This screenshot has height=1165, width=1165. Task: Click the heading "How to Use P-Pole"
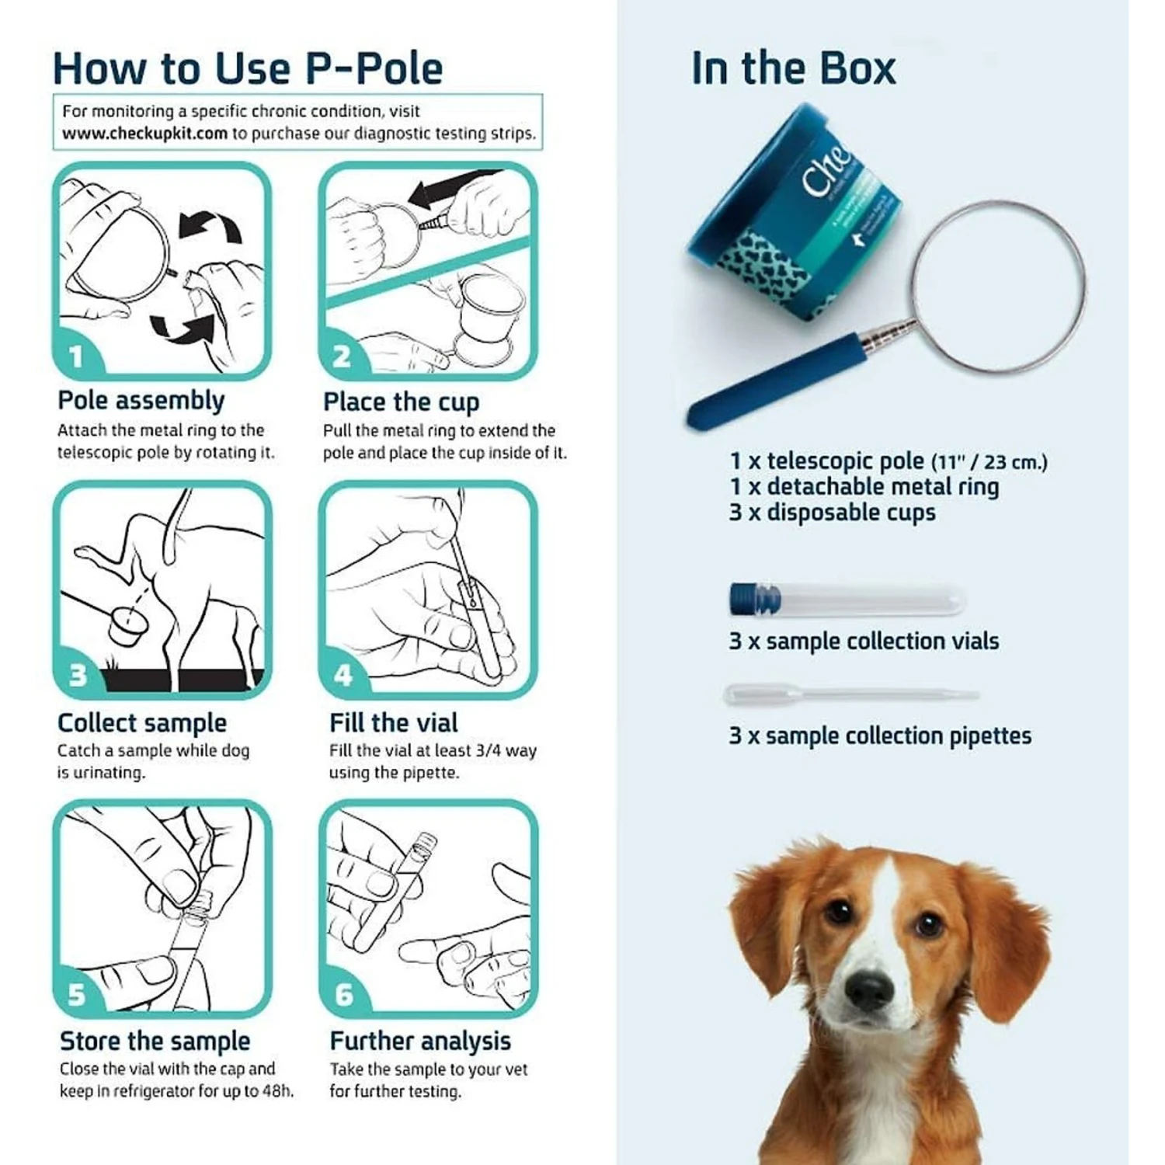[x=247, y=68]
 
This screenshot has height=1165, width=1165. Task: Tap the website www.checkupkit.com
[x=144, y=134]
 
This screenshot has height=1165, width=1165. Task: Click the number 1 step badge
[x=76, y=356]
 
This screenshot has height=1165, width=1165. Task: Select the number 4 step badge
[x=343, y=675]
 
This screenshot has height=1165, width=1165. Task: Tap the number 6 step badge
[x=343, y=994]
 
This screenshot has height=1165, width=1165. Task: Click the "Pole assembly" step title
[x=141, y=401]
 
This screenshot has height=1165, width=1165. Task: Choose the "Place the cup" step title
[x=401, y=402]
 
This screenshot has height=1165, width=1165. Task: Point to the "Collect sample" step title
[x=142, y=723]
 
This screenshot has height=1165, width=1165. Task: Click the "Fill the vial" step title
[x=393, y=723]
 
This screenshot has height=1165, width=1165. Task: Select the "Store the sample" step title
[x=155, y=1041]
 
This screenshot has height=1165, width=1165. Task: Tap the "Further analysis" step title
[x=420, y=1041]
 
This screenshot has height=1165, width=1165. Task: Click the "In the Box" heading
[x=793, y=68]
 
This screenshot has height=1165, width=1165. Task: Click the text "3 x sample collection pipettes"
[x=880, y=736]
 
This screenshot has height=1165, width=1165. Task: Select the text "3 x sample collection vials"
[x=864, y=642]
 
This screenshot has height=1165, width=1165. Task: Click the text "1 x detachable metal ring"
[x=864, y=487]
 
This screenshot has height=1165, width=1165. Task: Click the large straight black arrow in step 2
[x=450, y=189]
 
